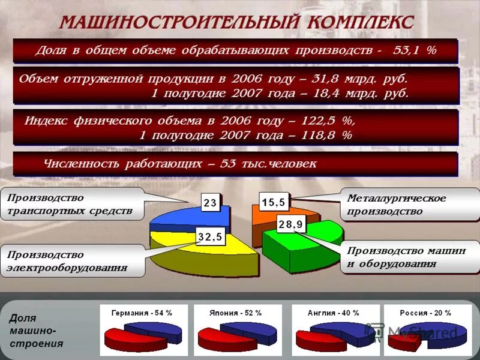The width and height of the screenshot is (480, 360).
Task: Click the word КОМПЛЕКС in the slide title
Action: pos(361,22)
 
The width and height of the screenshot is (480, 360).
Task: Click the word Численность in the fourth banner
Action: pos(81,163)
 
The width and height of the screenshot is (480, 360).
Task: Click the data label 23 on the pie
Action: pos(210,203)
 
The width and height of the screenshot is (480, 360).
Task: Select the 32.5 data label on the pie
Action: pos(210,238)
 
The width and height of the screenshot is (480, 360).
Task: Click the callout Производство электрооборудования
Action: pos(72,261)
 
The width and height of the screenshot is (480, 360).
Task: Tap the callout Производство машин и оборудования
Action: pos(410,257)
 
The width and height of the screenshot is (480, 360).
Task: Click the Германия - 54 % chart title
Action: pos(142,313)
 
